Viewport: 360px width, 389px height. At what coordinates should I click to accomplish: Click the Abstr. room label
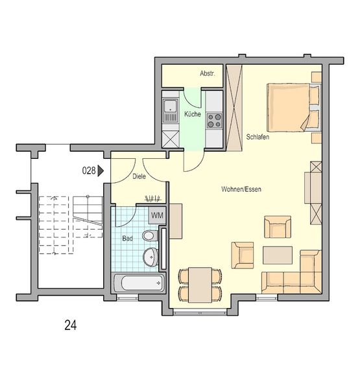[208, 73]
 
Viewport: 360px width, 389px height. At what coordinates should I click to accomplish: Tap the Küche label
[193, 114]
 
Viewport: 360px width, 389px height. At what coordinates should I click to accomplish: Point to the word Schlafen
[258, 137]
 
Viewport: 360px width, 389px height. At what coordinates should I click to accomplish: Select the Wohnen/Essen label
[241, 189]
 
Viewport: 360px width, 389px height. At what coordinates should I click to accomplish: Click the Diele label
[139, 176]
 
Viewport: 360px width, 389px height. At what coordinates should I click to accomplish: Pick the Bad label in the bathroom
[127, 239]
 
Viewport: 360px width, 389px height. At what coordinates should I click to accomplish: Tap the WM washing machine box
[157, 215]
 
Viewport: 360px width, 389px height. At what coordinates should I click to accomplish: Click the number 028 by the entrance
[89, 171]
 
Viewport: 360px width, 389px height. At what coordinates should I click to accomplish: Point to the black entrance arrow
[101, 171]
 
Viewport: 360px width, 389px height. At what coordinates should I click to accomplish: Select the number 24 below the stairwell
[71, 325]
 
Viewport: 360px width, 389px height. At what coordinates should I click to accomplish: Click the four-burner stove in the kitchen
[214, 121]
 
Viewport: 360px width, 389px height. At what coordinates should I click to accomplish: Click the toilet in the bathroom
[150, 235]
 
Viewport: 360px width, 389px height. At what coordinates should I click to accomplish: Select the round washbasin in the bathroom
[150, 257]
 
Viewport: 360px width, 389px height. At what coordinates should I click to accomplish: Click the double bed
[294, 108]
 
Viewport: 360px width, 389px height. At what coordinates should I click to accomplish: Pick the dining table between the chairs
[200, 285]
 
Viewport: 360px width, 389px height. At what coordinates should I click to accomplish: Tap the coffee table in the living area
[278, 255]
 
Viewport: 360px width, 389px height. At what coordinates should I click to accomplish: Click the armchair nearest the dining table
[243, 255]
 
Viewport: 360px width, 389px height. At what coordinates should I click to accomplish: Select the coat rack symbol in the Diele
[153, 198]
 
